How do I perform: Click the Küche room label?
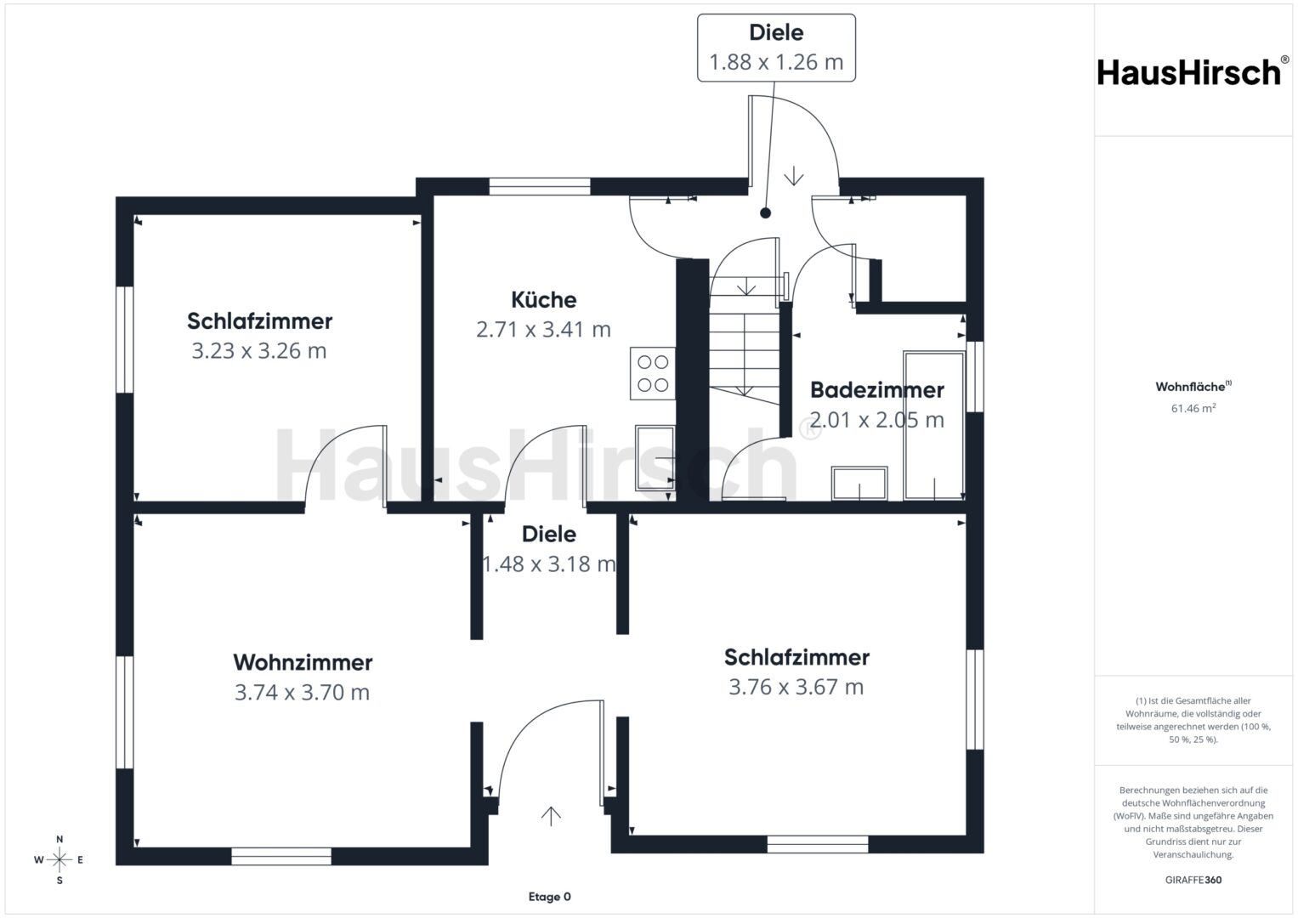click(543, 300)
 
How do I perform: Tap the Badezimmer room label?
click(876, 390)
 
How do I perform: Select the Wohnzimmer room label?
click(303, 662)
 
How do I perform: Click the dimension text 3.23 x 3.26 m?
click(259, 350)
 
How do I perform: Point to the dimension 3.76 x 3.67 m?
click(796, 687)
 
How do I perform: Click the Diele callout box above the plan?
click(776, 48)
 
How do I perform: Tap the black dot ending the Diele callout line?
click(765, 213)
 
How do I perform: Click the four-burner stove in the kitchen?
click(653, 373)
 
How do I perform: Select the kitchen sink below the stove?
click(655, 458)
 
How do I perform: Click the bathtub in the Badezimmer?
click(933, 425)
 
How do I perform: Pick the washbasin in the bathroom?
click(859, 484)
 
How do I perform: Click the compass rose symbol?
click(60, 859)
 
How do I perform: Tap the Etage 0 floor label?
click(549, 897)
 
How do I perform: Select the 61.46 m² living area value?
click(1193, 408)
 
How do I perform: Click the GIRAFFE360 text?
click(1193, 880)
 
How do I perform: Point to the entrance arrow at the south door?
click(551, 816)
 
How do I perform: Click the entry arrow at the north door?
click(793, 176)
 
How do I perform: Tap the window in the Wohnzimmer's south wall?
click(281, 856)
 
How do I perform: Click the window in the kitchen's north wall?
click(540, 187)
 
